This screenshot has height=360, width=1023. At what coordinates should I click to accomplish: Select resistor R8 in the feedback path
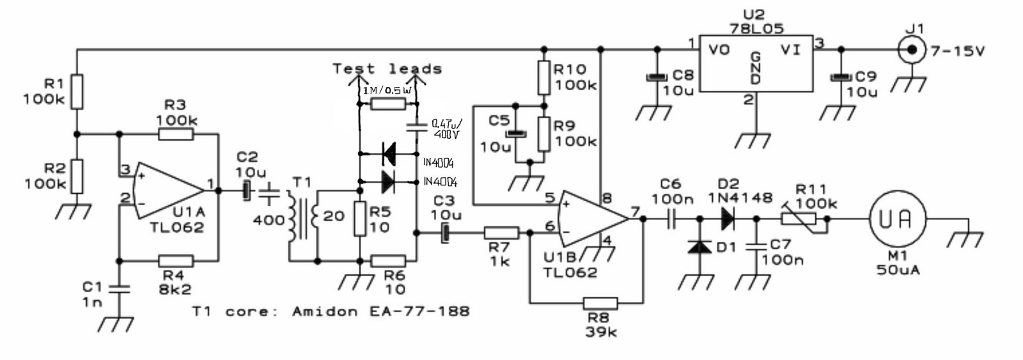[600, 302]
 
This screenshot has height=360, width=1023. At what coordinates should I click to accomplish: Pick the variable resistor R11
[799, 219]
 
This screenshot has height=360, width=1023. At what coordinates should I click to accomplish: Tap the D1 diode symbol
[699, 246]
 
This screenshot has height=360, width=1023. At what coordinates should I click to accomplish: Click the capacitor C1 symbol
[119, 289]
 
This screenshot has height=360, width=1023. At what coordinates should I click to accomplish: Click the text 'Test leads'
[387, 68]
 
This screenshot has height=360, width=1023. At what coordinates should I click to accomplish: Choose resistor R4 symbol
[175, 261]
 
